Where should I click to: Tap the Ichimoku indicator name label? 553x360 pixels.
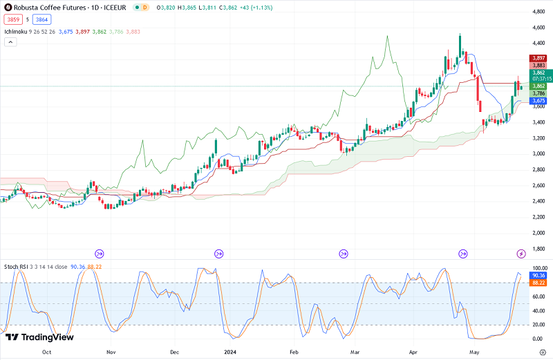pos(16,32)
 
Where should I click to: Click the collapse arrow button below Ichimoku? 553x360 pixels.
pos(10,42)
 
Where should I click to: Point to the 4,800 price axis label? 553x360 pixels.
pos(539,12)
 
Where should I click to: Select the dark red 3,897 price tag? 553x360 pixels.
pos(538,58)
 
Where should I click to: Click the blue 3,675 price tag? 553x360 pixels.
pos(538,101)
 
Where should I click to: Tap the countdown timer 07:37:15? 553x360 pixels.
pos(538,79)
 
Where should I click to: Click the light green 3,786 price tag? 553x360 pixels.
pos(538,93)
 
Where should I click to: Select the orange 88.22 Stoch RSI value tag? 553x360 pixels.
pos(538,283)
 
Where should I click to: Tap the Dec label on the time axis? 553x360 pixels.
pos(174,352)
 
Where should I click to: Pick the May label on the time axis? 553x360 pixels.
pos(474,352)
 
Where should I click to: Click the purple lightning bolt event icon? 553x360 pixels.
pos(521,254)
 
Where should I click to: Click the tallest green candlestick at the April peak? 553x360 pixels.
pos(460,46)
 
